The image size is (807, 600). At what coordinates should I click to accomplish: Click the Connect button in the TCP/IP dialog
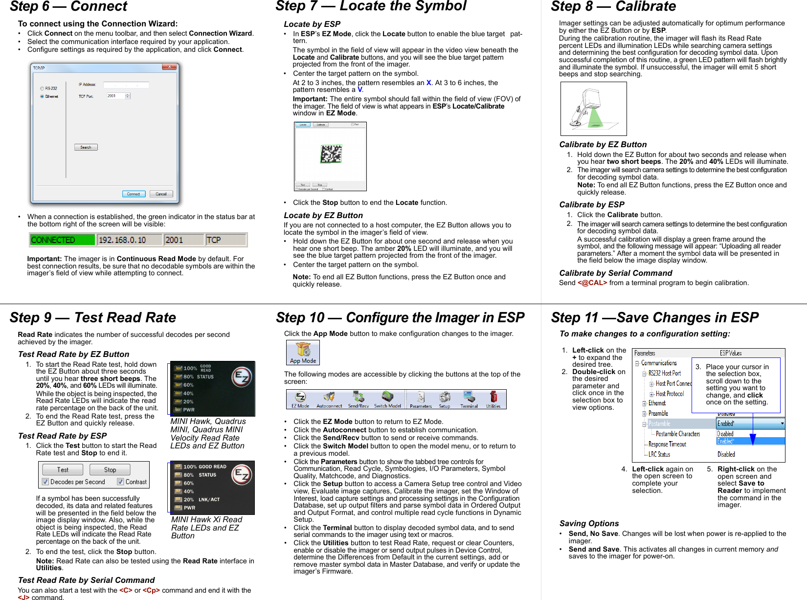click(x=134, y=194)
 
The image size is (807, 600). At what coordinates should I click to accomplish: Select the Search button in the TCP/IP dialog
click(x=86, y=147)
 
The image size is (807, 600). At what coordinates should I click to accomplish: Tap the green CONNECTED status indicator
click(x=62, y=240)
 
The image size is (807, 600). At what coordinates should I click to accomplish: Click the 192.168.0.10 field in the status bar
click(x=129, y=240)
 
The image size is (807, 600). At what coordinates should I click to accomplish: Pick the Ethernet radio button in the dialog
click(x=42, y=97)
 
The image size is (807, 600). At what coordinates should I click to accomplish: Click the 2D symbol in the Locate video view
click(x=331, y=154)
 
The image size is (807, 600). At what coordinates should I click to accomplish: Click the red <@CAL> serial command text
click(x=592, y=283)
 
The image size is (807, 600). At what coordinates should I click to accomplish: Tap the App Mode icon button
click(x=303, y=353)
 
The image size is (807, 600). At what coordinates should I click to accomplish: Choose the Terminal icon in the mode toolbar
click(x=469, y=399)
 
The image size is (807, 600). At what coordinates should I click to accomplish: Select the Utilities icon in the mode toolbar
click(x=493, y=399)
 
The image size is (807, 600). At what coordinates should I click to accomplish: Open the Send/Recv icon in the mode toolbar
click(x=359, y=399)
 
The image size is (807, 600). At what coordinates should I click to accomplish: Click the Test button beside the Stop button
click(x=63, y=470)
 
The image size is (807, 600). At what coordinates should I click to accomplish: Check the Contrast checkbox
click(x=120, y=482)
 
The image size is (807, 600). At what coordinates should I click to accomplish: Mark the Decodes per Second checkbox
click(x=45, y=482)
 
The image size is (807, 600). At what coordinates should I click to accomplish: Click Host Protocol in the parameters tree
click(x=670, y=394)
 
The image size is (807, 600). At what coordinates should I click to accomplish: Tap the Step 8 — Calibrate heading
click(x=613, y=7)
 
